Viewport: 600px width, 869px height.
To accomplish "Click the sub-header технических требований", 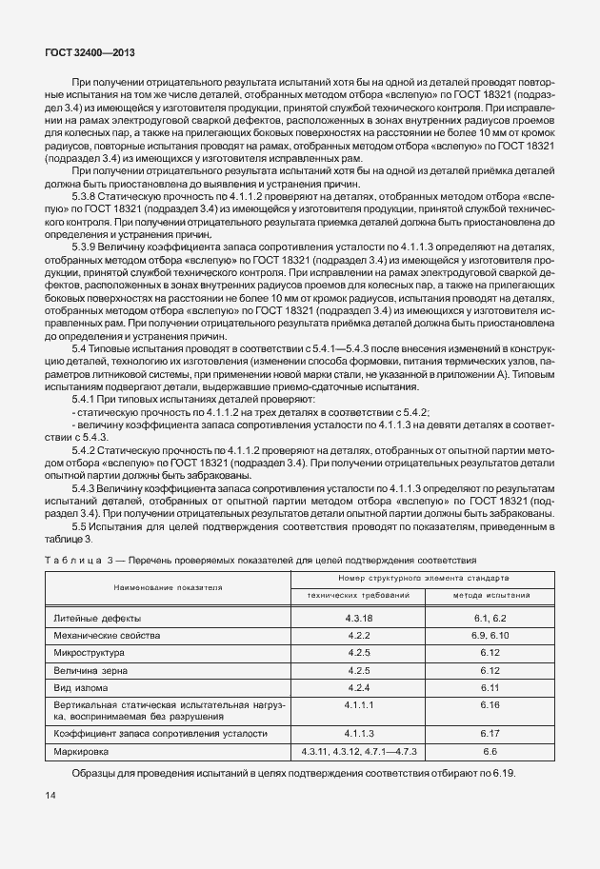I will point(358,595).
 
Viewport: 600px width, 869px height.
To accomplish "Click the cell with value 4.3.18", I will point(358,618).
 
